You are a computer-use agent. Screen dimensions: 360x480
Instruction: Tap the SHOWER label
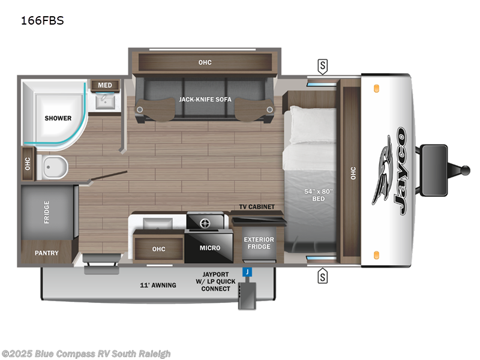click(x=58, y=118)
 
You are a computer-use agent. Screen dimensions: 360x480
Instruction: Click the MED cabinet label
click(x=105, y=85)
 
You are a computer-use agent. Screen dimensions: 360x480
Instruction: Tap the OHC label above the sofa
click(x=205, y=62)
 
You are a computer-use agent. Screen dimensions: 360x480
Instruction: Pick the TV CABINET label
click(x=256, y=207)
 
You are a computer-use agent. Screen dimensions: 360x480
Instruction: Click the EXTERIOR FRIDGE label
click(x=259, y=244)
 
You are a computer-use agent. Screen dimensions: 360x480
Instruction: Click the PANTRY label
click(x=46, y=253)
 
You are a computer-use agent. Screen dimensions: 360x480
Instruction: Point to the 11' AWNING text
click(x=158, y=285)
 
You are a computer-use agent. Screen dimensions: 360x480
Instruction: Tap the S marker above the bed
click(x=323, y=65)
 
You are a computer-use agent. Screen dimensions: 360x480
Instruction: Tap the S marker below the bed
click(x=323, y=276)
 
